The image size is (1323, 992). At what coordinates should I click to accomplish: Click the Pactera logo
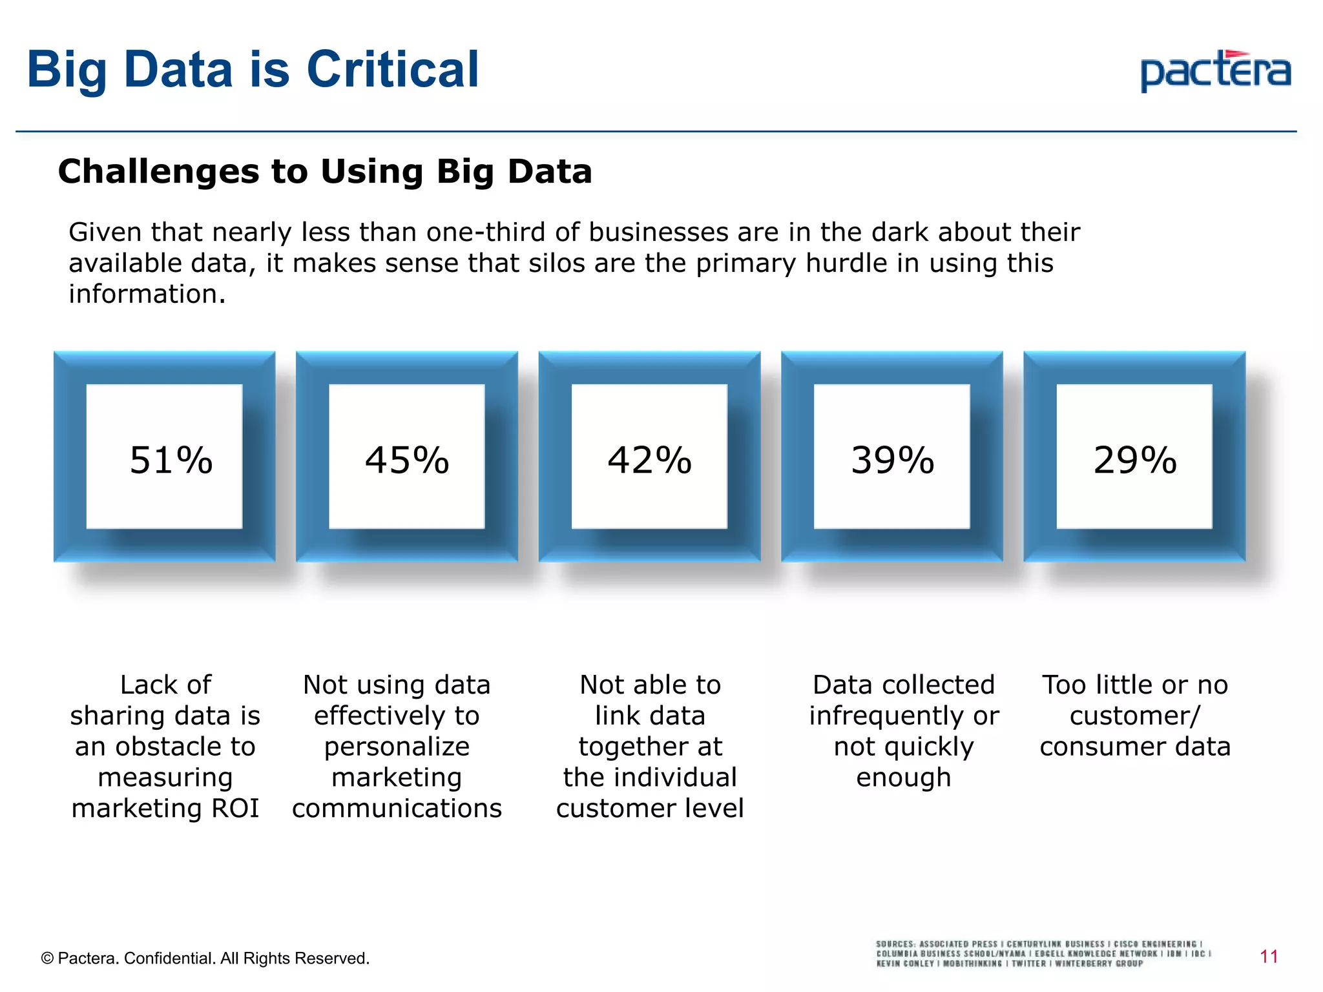[x=1215, y=71]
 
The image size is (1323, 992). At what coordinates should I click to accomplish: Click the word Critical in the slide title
[x=392, y=69]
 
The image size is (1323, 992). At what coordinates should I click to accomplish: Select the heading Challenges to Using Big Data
[x=325, y=172]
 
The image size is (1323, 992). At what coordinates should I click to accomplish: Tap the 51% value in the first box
[x=171, y=460]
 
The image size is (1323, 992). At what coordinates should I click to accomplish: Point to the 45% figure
[x=407, y=460]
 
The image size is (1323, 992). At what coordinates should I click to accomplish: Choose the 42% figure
[x=649, y=460]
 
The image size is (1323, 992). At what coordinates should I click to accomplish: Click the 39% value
[x=892, y=460]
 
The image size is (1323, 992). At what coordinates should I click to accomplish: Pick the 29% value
[x=1134, y=460]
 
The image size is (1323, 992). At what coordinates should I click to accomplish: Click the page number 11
[x=1269, y=956]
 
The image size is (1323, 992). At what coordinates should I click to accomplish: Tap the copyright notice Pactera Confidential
[x=205, y=958]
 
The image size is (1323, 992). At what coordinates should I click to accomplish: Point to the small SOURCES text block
[x=1043, y=953]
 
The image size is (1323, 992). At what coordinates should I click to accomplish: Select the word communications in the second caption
[x=397, y=809]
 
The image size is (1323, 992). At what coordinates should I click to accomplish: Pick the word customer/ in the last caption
[x=1134, y=716]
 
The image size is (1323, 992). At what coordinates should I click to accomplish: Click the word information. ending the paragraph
[x=147, y=294]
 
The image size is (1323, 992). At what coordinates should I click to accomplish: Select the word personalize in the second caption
[x=397, y=747]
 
